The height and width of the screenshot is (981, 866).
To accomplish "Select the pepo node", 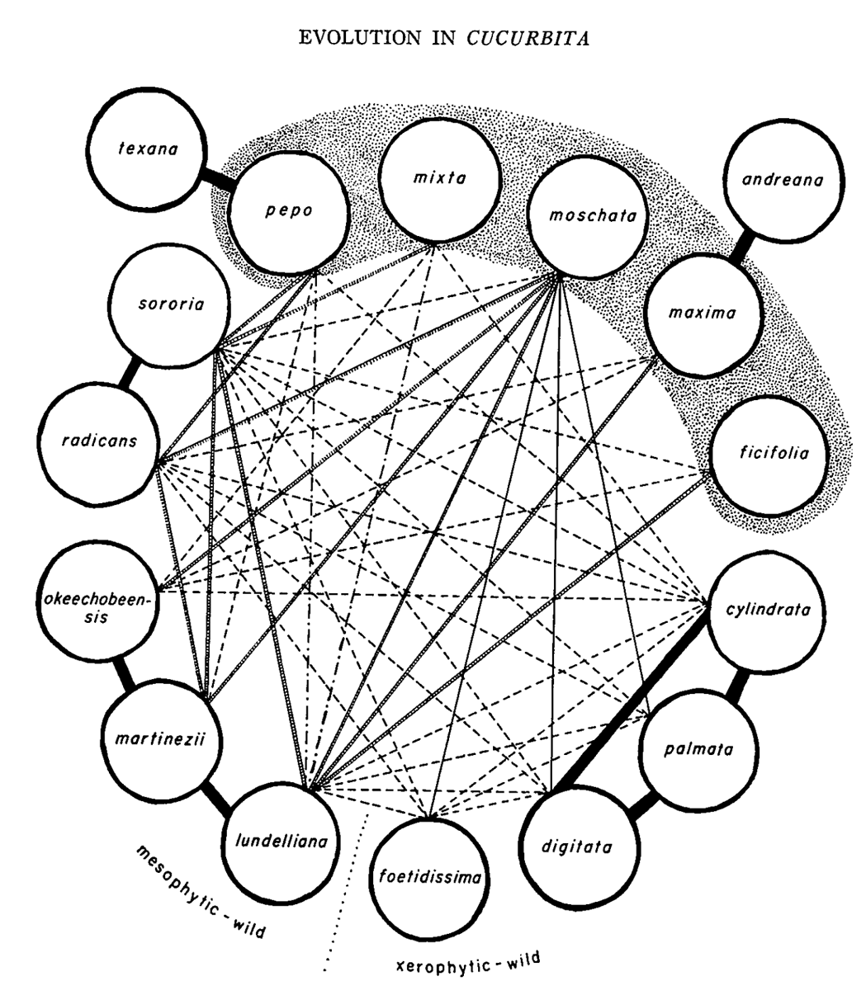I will click(x=277, y=210).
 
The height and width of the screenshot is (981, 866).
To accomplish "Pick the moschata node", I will click(x=582, y=217).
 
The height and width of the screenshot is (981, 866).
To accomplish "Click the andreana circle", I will click(x=778, y=181).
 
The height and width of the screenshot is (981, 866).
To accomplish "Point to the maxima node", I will click(x=702, y=313).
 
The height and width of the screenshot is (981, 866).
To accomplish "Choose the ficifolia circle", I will click(x=761, y=453).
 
